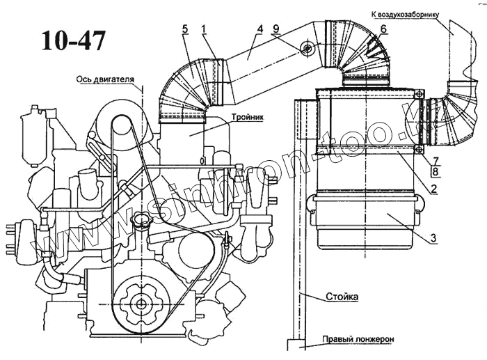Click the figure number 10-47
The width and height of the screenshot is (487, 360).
point(74,40)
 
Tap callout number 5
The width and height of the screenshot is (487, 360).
point(185,29)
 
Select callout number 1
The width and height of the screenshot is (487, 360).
point(204,29)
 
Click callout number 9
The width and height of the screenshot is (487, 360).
point(276,29)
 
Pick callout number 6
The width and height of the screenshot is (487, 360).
point(383,29)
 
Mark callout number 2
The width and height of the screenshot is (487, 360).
point(433,189)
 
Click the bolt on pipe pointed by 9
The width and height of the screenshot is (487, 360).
point(306,48)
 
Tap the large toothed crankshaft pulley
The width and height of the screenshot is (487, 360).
point(141,303)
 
